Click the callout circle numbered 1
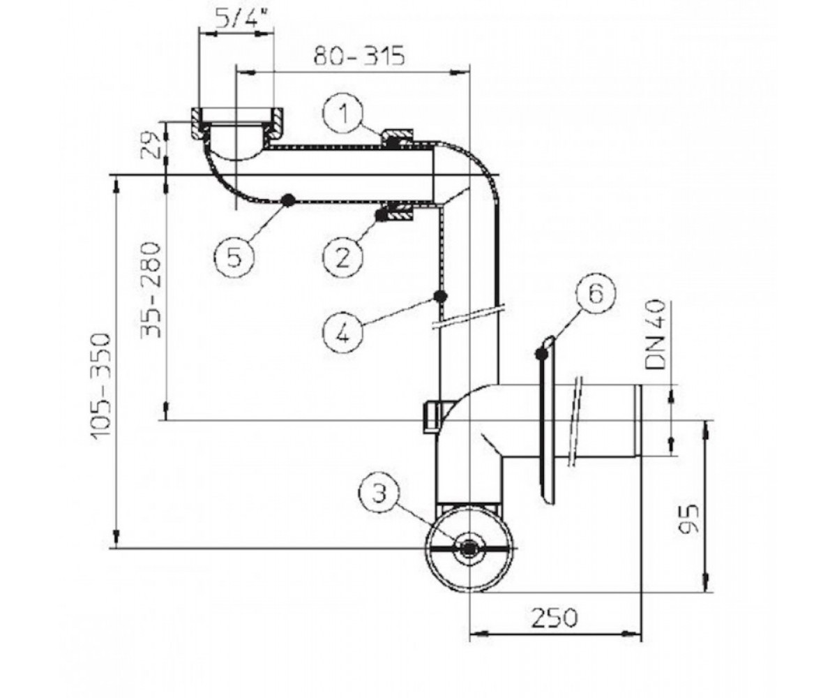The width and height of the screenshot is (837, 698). coord(342,113)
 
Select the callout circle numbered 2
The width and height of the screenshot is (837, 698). coord(342,257)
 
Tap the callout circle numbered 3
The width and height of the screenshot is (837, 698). coord(379,493)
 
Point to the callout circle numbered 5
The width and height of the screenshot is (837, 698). coord(234,257)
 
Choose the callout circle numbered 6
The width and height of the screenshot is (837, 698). coord(596,294)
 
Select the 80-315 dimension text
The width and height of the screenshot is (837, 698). coord(359,56)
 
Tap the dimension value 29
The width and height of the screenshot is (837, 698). coord(151,147)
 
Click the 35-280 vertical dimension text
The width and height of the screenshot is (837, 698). coord(151,290)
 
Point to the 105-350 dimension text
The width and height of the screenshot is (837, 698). coord(100,386)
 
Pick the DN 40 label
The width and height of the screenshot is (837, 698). coord(656,334)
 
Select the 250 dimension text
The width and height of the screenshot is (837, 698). coord(555,617)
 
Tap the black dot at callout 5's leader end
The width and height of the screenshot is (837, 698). coord(288,200)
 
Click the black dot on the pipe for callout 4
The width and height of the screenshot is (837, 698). coord(440,297)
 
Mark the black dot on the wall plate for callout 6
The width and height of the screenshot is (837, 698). coord(541,354)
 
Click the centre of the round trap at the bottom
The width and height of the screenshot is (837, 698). coord(469,548)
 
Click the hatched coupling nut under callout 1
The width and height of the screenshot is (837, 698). coord(398,138)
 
